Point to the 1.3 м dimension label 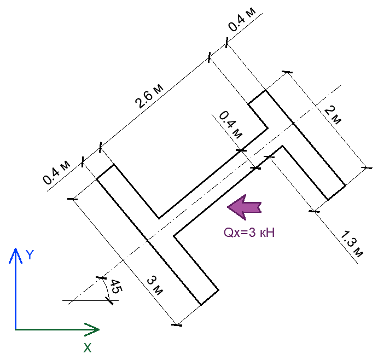[x=352, y=245]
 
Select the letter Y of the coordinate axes [x=31, y=254]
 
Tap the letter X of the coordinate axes [x=87, y=347]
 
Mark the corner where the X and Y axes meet [x=15, y=329]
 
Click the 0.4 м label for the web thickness [x=229, y=125]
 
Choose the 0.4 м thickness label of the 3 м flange [x=58, y=172]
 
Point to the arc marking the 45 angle [x=106, y=288]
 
